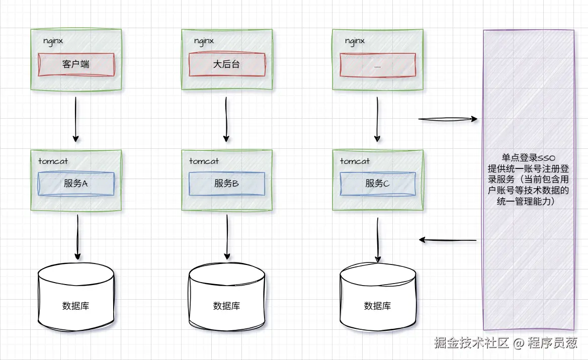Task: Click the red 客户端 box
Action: [x=76, y=64]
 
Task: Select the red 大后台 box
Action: [x=226, y=64]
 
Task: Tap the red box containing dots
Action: [x=378, y=65]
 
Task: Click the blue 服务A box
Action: [x=76, y=184]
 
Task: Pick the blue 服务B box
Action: [x=226, y=184]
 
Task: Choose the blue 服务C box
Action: [x=378, y=184]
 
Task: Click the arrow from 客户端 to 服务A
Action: [x=75, y=119]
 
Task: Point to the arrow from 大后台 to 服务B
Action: [x=226, y=119]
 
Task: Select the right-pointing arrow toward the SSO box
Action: [x=448, y=119]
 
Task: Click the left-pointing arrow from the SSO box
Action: [x=448, y=240]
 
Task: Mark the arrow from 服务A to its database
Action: [x=77, y=236]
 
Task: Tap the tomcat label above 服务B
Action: [x=204, y=161]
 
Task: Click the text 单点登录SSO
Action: [x=528, y=158]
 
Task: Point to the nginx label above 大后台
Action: [x=204, y=41]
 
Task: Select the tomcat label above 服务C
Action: [x=355, y=161]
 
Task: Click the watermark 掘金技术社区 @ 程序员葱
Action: [x=506, y=343]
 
